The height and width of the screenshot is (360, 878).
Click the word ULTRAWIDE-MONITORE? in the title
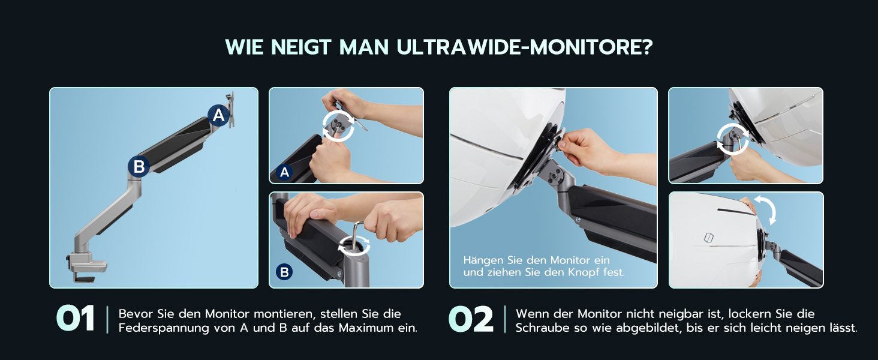coord(524,47)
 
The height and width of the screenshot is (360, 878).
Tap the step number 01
coord(75,319)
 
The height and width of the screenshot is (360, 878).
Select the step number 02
coord(471,319)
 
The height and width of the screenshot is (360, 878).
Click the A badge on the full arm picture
coord(219,115)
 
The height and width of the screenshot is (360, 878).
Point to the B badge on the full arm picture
coord(139,167)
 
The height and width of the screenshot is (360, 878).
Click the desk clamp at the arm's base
coord(85,267)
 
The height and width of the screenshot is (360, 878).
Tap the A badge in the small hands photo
coord(284,172)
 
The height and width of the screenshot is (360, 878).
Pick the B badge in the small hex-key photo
coord(284,272)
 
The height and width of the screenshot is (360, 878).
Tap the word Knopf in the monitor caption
coord(584,272)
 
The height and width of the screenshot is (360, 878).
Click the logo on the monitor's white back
coord(708,237)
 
